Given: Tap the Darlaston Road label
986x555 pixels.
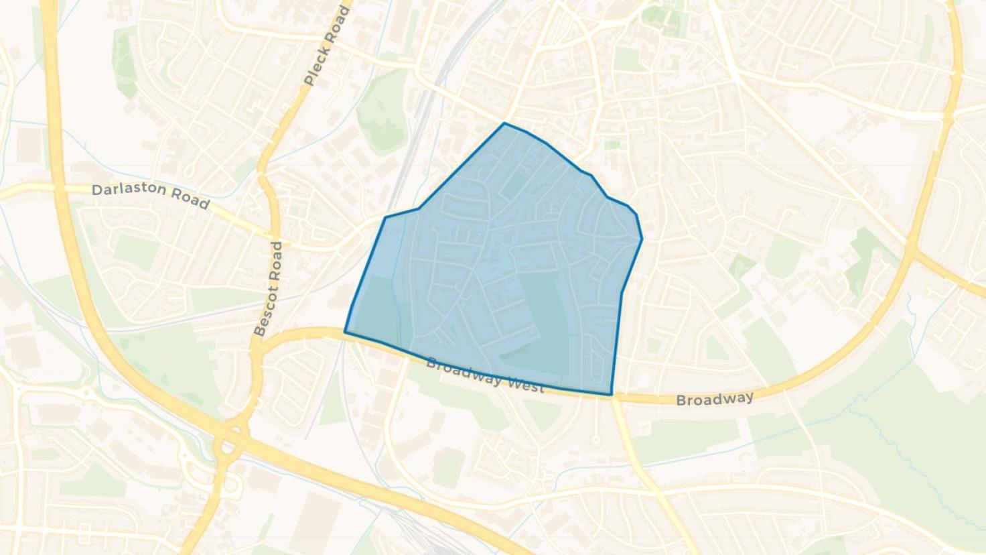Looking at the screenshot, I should (151, 195).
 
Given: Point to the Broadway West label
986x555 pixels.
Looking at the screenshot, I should (484, 376).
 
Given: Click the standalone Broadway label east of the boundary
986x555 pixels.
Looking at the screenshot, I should (715, 399).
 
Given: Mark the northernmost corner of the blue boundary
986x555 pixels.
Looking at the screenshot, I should (504, 123).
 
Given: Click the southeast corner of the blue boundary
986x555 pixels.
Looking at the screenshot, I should (611, 395).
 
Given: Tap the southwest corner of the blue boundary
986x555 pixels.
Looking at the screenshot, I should (345, 331).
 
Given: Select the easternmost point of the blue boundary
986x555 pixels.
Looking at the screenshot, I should (642, 239).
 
